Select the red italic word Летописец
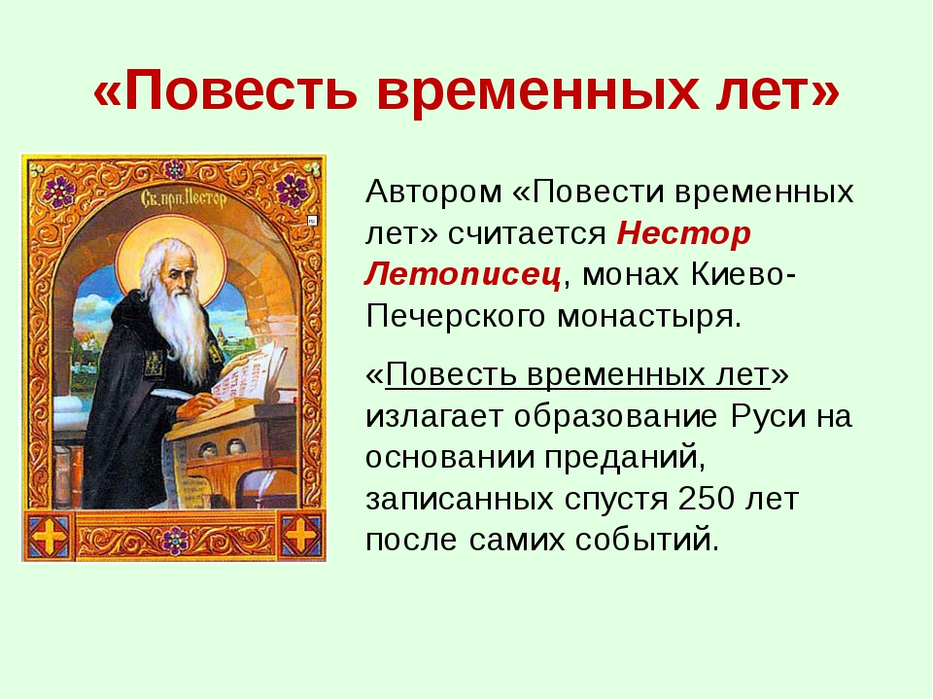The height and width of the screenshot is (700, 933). tap(463, 275)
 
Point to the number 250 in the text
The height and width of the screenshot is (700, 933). tap(708, 498)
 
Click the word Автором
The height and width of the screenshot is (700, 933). tap(433, 192)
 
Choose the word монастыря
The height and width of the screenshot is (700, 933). tap(649, 317)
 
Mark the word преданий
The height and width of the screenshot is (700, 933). tap(624, 457)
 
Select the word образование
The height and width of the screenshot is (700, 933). tap(616, 416)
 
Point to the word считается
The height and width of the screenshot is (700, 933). tap(527, 234)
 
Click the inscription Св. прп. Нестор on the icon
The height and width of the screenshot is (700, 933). tap(184, 197)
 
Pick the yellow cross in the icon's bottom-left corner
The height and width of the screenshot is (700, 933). tap(50, 535)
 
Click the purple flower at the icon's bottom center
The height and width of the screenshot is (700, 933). tap(175, 540)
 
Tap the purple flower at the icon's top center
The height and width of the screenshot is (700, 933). tap(174, 170)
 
